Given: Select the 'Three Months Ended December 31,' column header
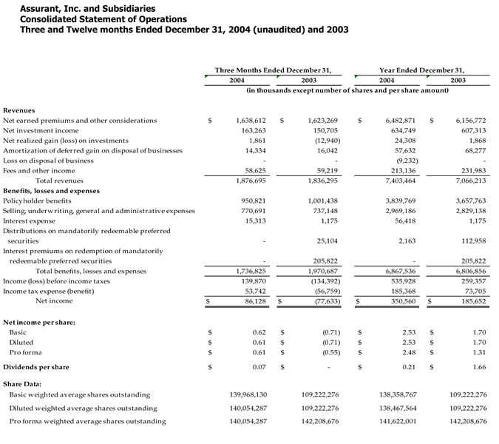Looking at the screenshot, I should (x=273, y=70).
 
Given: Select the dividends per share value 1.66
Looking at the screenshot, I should (x=480, y=367).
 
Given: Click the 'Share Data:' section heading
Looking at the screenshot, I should (x=22, y=384).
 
